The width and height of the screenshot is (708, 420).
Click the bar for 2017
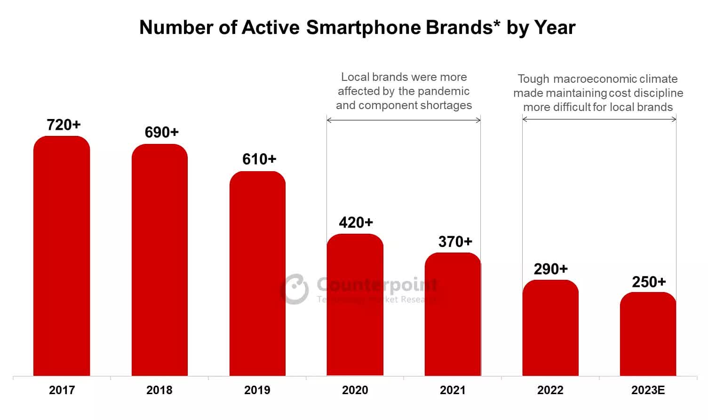62,256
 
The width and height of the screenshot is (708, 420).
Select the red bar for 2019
257,274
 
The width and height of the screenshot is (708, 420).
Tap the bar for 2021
453,314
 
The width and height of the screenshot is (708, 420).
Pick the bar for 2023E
648,334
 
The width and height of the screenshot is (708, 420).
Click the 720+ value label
64,125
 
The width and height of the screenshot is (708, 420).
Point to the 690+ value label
161,133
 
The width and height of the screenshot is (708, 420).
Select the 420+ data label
356,222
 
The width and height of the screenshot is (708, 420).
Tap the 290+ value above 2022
550,269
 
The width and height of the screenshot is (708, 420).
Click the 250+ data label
649,282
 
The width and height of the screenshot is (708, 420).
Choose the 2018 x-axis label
159,390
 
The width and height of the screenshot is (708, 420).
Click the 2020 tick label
355,390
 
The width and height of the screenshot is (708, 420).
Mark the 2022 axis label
550,390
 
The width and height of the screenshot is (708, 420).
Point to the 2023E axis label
648,390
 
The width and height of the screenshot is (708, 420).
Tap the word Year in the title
555,28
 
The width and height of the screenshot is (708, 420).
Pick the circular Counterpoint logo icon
295,289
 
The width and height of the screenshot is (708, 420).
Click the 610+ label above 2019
259,159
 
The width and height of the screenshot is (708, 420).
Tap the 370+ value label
455,242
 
